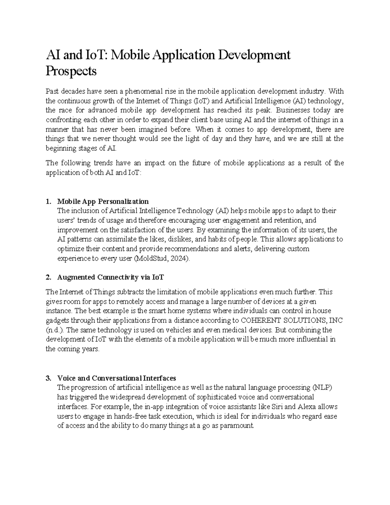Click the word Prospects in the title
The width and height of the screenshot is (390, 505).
click(71, 71)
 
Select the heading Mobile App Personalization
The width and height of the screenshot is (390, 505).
click(103, 201)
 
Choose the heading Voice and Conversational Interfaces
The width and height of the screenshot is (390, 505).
click(116, 378)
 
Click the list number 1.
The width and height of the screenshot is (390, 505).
click(48, 201)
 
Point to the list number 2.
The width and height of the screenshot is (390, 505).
click(48, 277)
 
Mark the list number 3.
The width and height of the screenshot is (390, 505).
click(48, 378)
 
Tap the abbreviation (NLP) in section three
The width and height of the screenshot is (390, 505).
click(322, 388)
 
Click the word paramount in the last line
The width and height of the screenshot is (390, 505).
click(237, 426)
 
